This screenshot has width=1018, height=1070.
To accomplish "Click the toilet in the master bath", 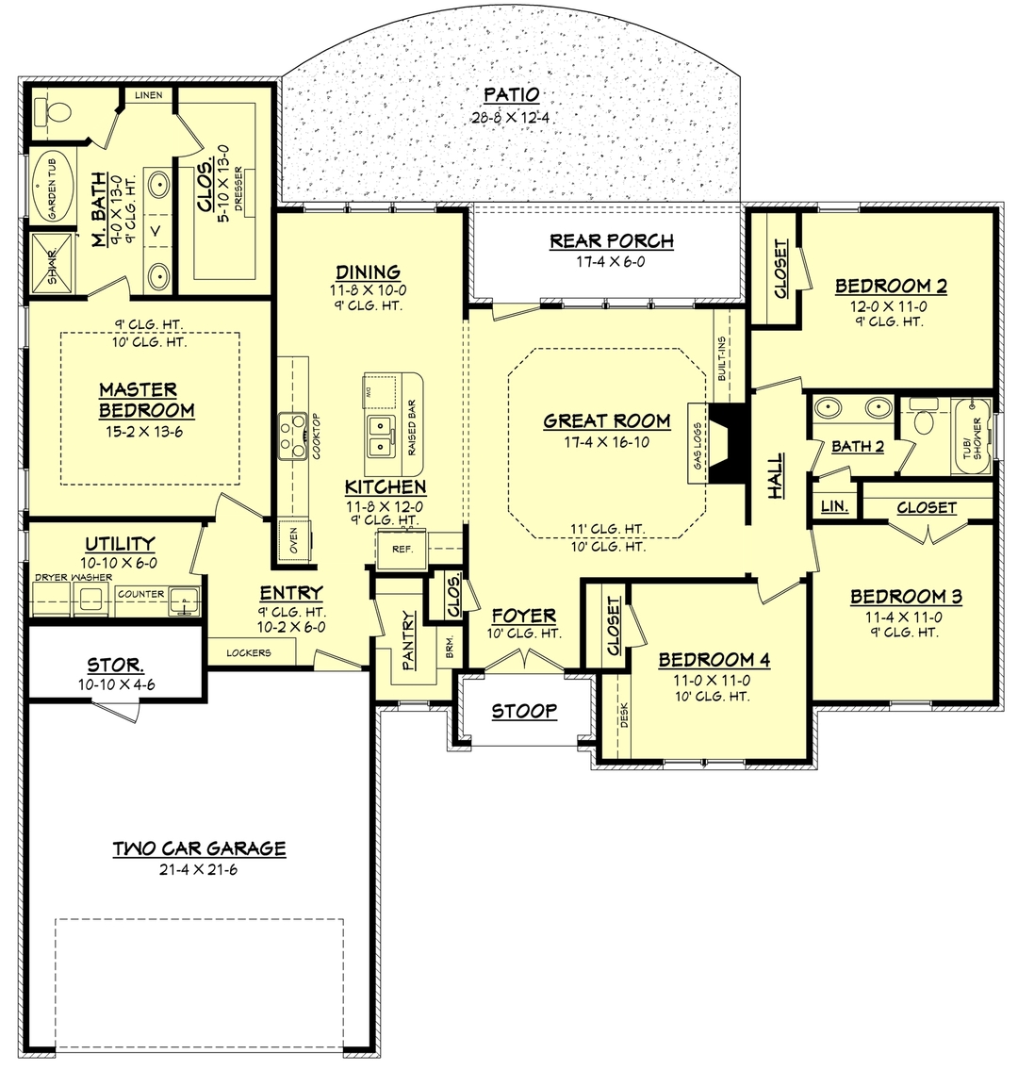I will point(53,112).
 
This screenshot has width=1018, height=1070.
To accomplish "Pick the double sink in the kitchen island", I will point(381,435).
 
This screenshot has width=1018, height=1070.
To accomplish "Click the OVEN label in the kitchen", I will point(293,541).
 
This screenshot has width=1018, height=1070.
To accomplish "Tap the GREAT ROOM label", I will point(606,420).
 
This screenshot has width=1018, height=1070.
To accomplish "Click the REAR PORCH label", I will point(612,241).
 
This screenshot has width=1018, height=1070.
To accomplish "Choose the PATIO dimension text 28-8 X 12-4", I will point(511,118).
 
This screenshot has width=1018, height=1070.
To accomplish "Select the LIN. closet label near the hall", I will point(834,506).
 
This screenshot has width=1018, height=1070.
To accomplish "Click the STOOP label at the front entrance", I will point(524,711).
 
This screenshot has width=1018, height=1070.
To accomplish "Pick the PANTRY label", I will point(409,641).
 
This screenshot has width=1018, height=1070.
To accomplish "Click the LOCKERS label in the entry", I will point(250,652).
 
